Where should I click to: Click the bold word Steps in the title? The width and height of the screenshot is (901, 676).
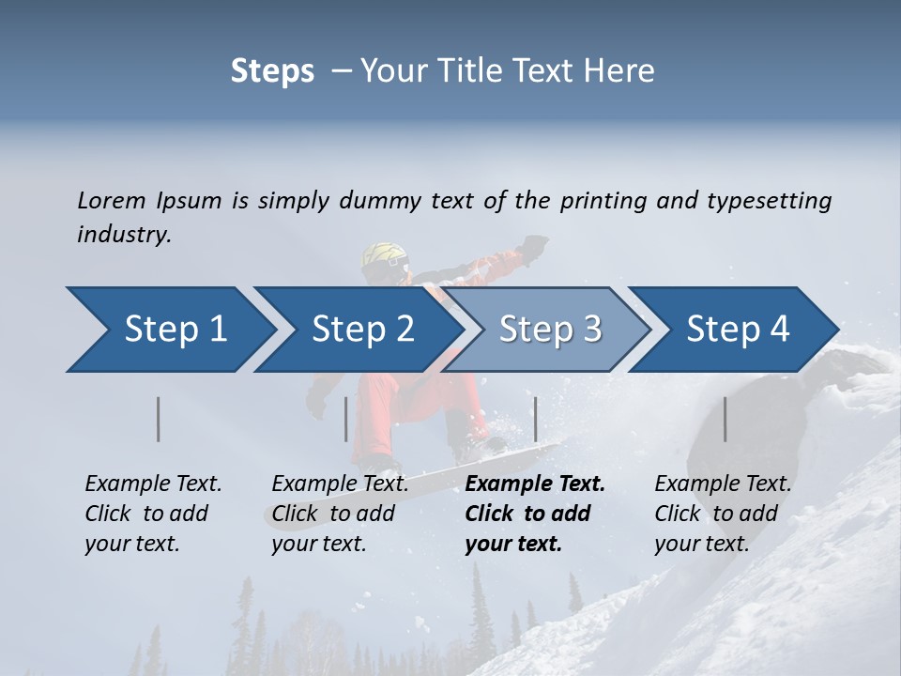click(272, 71)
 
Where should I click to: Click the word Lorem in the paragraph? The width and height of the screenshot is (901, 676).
click(112, 200)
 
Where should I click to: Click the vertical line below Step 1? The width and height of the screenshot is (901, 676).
click(159, 419)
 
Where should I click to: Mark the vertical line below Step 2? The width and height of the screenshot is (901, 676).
click(346, 419)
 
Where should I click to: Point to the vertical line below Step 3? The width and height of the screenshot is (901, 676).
click(536, 419)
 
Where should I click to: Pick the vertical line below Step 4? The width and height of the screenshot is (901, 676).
click(725, 419)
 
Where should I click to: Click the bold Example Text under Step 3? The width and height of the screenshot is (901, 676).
click(535, 484)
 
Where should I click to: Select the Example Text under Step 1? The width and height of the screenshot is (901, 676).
click(153, 484)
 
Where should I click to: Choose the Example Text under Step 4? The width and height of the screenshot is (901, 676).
click(723, 484)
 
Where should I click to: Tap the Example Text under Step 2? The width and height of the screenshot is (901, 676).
click(340, 484)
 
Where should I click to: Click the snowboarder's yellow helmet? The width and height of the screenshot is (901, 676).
click(385, 256)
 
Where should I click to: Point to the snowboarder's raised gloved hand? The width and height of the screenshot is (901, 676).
click(534, 246)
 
